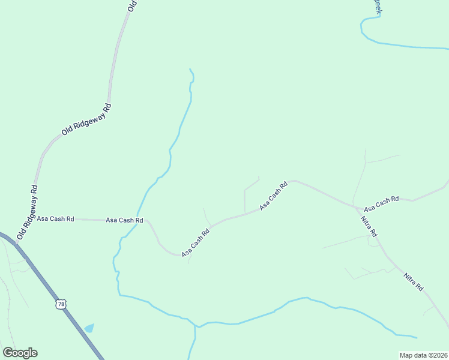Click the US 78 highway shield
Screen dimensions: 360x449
tap(61, 304)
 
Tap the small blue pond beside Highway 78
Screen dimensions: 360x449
tap(89, 328)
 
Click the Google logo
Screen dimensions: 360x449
tap(20, 353)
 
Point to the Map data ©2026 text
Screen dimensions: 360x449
tap(423, 355)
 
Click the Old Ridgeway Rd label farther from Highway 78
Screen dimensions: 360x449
tap(87, 119)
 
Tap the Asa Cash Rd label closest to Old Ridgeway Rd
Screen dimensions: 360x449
tap(55, 219)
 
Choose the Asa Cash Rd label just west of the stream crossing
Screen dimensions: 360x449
tap(124, 220)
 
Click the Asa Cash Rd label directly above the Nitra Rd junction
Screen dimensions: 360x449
tap(381, 203)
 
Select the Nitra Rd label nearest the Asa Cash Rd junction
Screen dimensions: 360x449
tap(369, 224)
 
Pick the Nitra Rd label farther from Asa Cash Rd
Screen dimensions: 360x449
tap(414, 282)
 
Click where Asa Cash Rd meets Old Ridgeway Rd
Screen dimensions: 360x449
tap(34, 219)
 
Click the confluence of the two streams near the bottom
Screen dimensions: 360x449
tap(195, 327)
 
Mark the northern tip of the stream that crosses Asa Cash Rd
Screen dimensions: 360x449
tap(190, 69)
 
